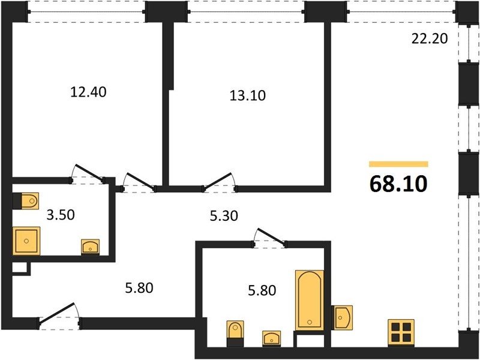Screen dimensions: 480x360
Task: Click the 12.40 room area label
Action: click(x=88, y=92)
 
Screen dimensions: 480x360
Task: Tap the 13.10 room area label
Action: click(x=248, y=95)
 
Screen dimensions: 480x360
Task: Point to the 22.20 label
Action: click(x=430, y=38)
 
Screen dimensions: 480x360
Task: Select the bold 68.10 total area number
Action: click(x=398, y=184)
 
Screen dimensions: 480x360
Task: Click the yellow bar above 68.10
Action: click(x=398, y=164)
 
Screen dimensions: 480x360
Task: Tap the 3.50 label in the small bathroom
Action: click(x=61, y=215)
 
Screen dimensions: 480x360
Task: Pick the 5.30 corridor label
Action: click(x=224, y=216)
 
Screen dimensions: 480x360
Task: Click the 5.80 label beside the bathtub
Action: click(x=262, y=290)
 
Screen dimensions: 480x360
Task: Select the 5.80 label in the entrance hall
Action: click(x=139, y=288)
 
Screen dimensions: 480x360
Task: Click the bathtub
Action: click(x=310, y=300)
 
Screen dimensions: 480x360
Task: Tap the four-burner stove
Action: click(x=401, y=333)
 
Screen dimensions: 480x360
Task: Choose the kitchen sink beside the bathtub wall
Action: click(x=343, y=318)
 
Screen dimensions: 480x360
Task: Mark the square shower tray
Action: click(x=26, y=241)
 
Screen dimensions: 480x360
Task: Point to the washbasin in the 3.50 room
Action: click(x=90, y=247)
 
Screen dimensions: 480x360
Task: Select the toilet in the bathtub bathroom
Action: click(x=235, y=334)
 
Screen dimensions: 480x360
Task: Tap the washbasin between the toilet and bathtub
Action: click(x=271, y=338)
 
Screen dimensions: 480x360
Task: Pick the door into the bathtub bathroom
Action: click(x=269, y=238)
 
